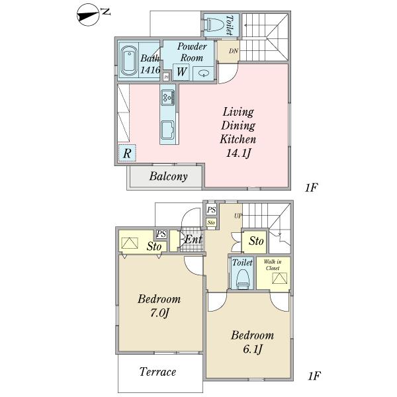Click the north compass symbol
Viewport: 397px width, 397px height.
(87, 15)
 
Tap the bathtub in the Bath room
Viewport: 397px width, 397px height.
(128, 61)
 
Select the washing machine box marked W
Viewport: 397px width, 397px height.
(181, 72)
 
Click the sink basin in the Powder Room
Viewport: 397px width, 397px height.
(203, 73)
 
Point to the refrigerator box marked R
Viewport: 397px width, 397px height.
(127, 153)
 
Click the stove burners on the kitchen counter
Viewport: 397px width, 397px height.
(168, 97)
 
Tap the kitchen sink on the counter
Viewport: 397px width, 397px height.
(167, 130)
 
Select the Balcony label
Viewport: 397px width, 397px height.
(168, 177)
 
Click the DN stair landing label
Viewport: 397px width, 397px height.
(234, 51)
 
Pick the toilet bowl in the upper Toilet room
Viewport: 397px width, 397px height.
(214, 25)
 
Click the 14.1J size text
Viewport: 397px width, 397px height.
(238, 153)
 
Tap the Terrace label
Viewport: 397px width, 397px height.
(157, 372)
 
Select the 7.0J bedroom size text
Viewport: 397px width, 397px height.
(159, 313)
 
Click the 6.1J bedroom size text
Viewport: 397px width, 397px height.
(253, 349)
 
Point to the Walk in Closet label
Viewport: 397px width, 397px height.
(273, 265)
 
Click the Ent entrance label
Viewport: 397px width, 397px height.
(193, 240)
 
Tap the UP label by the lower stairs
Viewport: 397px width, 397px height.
(238, 216)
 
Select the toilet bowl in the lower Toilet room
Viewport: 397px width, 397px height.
(243, 279)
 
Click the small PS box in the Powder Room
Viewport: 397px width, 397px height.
(166, 77)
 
